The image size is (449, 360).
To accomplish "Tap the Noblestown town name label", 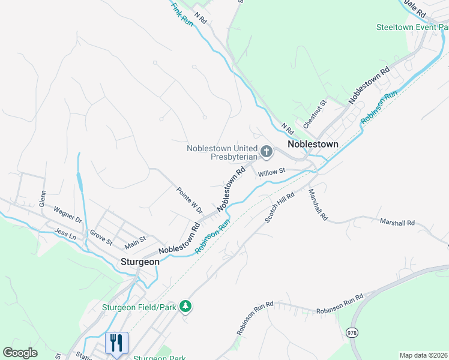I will coord(313,145).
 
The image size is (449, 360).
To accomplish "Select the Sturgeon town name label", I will coord(140,262).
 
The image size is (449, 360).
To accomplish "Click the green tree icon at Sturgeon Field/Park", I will coord(186,307).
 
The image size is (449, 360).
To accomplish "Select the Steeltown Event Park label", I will coord(412,27).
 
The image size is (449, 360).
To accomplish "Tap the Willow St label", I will coord(270,173).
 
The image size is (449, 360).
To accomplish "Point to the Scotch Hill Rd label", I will coord(280,208).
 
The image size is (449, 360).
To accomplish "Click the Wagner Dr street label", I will coord(67,215).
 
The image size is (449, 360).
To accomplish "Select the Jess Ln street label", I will coord(65,233).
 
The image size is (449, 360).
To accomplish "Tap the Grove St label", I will coord(101,238).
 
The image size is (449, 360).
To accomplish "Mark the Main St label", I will coord(135,242).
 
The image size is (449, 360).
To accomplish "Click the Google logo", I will coord(20,353).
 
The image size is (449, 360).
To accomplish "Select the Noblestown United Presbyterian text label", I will coord(222,152).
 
